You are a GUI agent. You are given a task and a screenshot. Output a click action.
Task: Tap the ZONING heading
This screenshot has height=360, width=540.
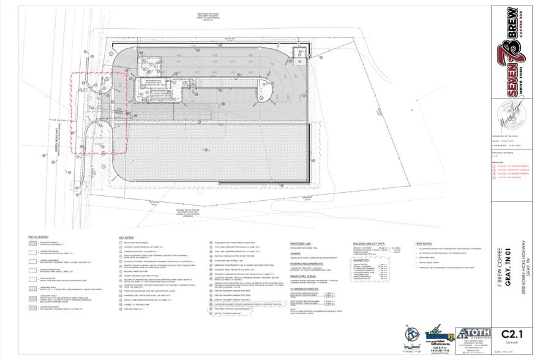(295, 253)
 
